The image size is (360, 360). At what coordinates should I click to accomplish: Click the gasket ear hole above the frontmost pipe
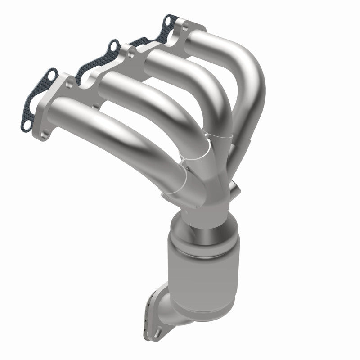click(50, 75)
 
